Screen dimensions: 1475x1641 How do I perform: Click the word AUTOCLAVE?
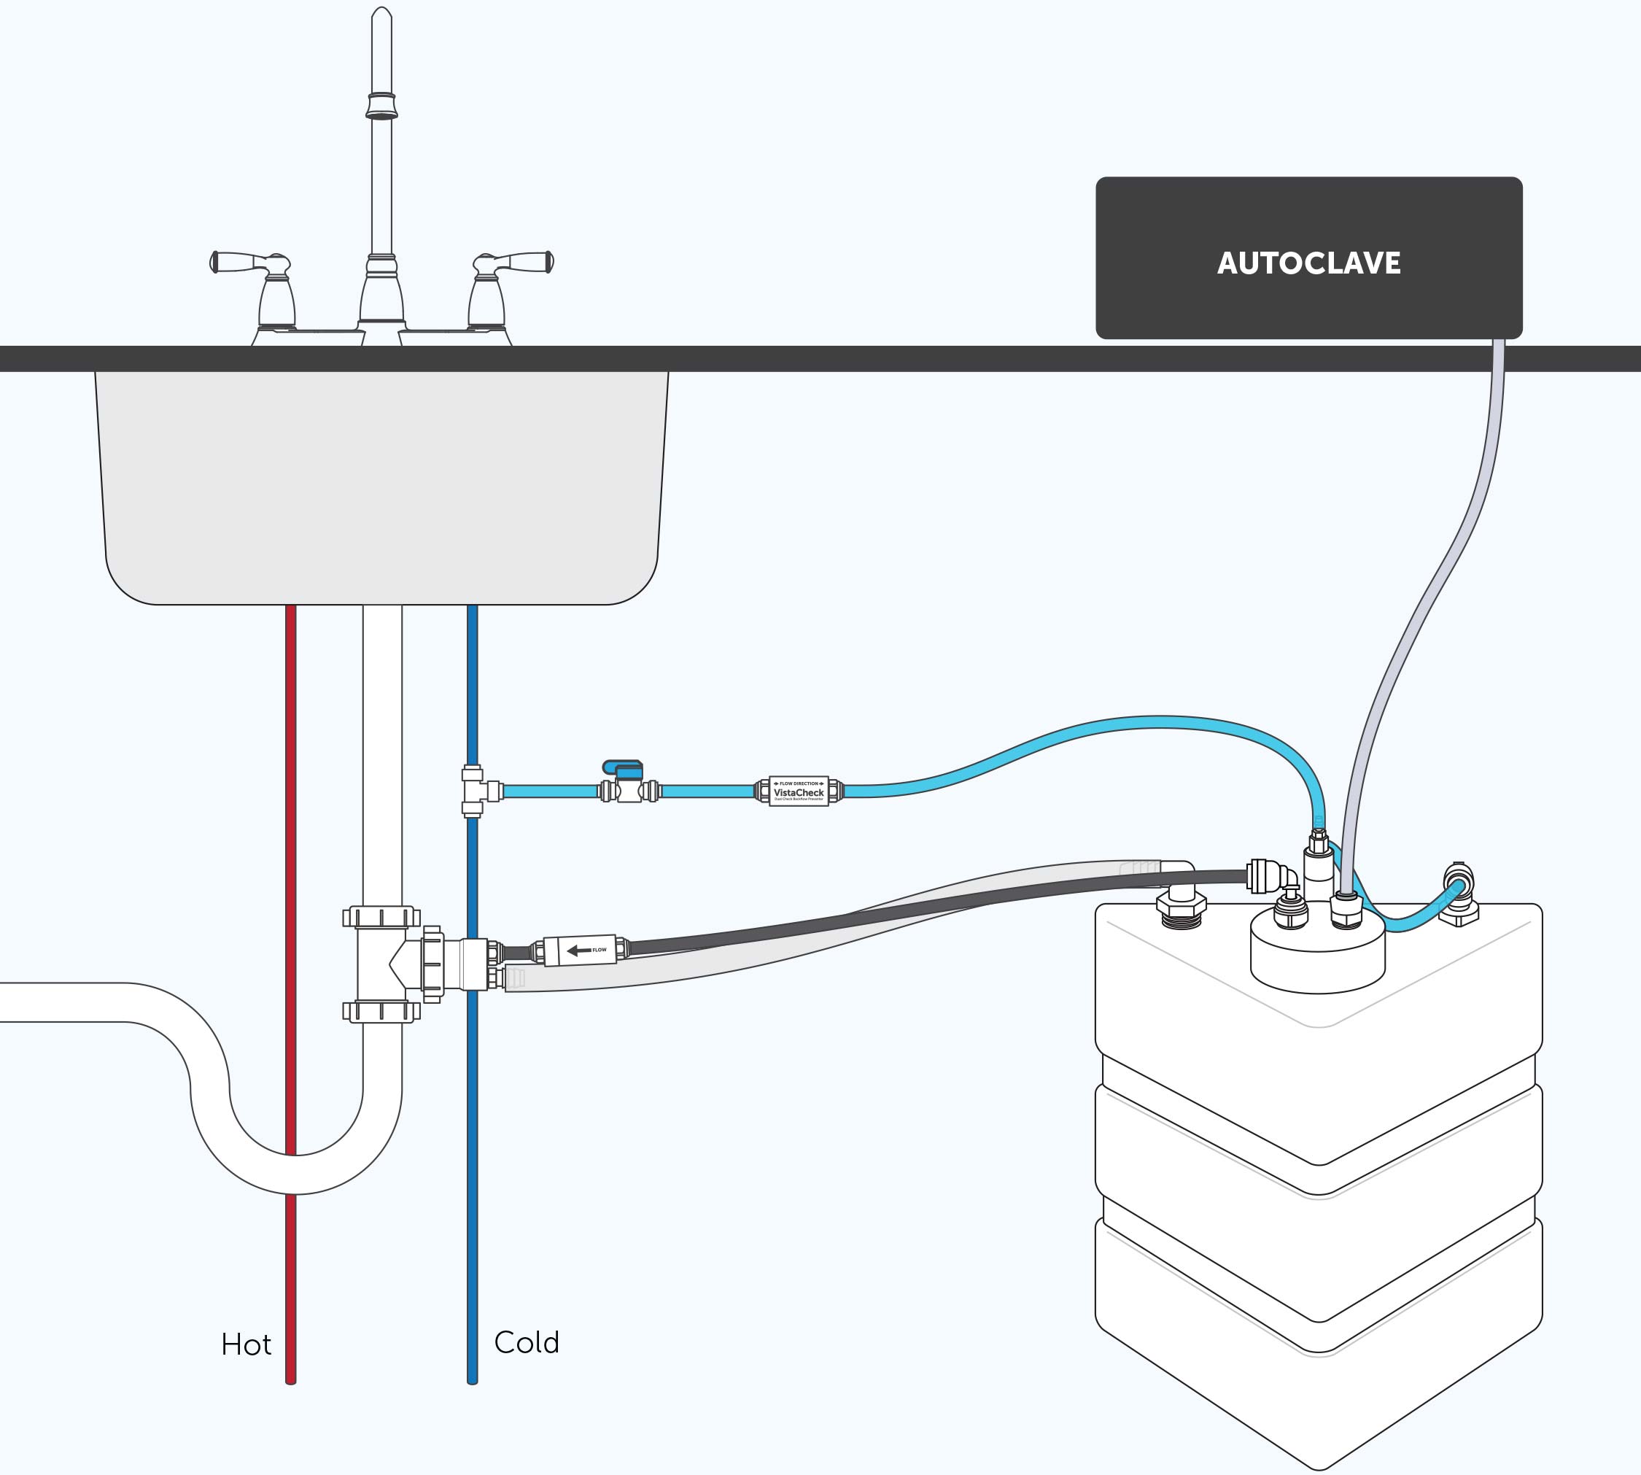1308,263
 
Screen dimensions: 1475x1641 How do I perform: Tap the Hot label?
246,1344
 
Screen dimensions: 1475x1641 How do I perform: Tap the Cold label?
527,1342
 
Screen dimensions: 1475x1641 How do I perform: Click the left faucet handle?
251,263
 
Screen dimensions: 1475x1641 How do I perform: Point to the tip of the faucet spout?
381,16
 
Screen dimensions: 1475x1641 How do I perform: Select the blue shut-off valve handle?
623,767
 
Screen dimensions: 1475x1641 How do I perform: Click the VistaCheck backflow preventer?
798,791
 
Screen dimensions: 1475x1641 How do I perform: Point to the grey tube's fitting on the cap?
1346,910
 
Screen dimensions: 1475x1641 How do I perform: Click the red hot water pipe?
291,810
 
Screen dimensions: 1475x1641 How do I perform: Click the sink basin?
381,487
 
